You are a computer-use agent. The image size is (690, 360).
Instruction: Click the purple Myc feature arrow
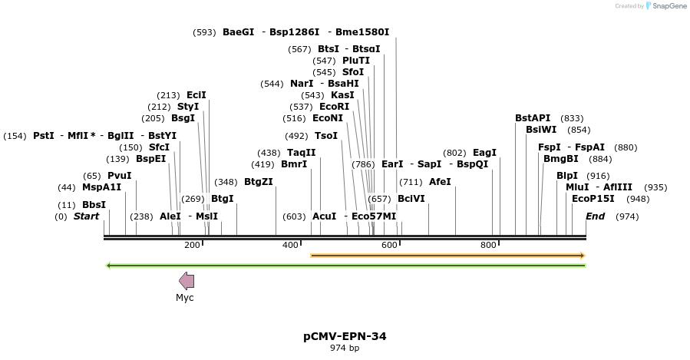(x=186, y=281)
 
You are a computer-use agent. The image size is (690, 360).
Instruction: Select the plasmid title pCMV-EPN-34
(x=345, y=336)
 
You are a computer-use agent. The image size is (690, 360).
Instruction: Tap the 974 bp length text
(x=345, y=348)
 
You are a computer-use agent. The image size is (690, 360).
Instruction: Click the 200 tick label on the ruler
(x=192, y=245)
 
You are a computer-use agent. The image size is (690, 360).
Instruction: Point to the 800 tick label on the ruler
(x=488, y=245)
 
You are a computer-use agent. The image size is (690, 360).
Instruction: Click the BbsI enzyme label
(x=94, y=205)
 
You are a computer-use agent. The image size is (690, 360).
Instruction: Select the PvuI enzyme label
(x=119, y=176)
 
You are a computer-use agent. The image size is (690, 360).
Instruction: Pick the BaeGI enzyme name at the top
(x=238, y=32)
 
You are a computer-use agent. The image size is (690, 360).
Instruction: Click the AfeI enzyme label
(x=440, y=182)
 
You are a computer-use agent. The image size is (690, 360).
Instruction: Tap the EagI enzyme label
(x=484, y=153)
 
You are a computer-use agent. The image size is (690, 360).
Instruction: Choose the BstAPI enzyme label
(x=533, y=118)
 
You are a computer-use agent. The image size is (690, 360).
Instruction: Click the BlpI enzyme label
(x=567, y=176)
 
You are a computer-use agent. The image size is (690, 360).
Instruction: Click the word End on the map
(x=595, y=216)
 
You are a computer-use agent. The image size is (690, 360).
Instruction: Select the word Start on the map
(x=87, y=216)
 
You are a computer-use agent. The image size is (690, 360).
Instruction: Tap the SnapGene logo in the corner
(x=664, y=6)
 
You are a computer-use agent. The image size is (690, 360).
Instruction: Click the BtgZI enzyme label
(x=258, y=182)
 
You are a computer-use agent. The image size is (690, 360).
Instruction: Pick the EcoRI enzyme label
(x=334, y=107)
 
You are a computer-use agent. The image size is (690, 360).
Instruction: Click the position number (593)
(x=205, y=32)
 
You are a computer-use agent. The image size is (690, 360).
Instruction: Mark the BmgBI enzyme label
(x=561, y=159)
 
